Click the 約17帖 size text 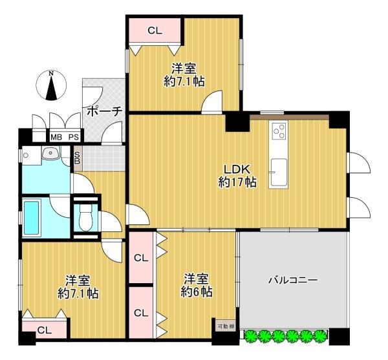coord(237,182)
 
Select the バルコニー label coord(292,281)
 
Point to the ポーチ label coord(103,111)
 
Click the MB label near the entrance coord(58,137)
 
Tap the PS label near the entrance coord(74,137)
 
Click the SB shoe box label coord(77,157)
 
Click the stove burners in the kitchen coord(279,131)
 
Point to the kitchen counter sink coord(279,172)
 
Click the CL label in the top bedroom coord(155,30)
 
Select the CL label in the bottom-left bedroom coord(43,330)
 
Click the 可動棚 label coord(225,326)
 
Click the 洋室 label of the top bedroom coord(184,68)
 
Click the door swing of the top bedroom coord(213,101)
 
